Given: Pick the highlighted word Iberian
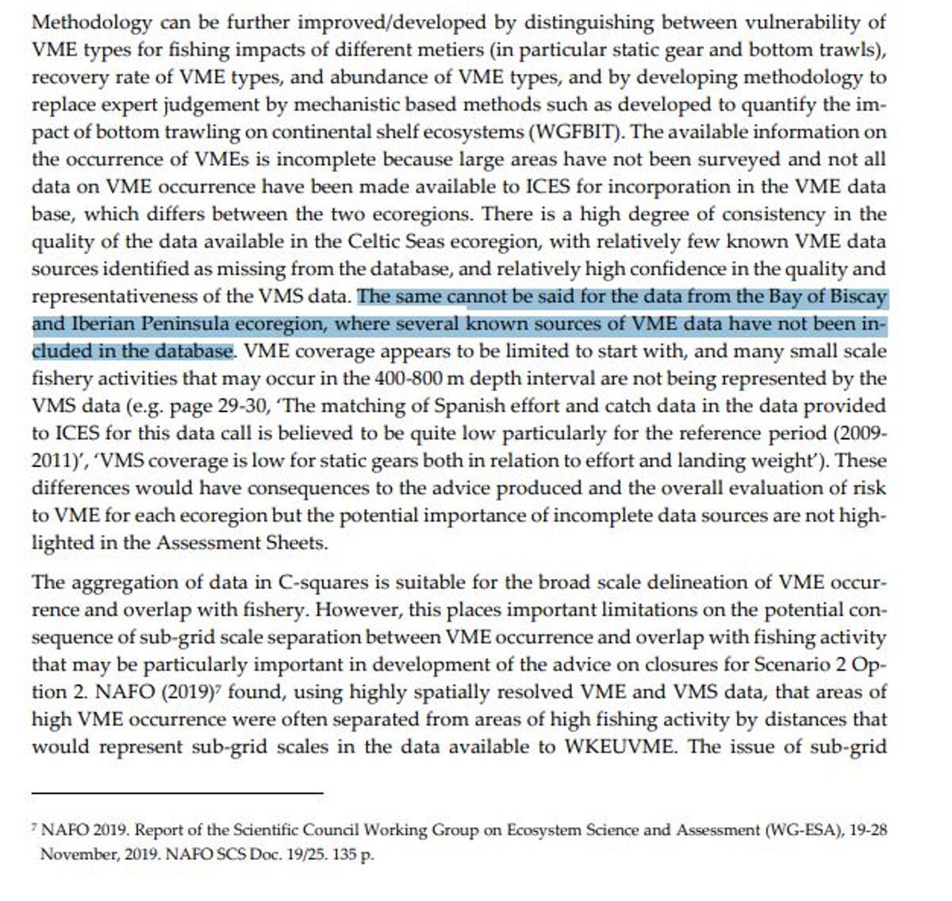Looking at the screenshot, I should [x=98, y=324].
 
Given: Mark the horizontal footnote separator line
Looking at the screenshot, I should [x=178, y=792].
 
